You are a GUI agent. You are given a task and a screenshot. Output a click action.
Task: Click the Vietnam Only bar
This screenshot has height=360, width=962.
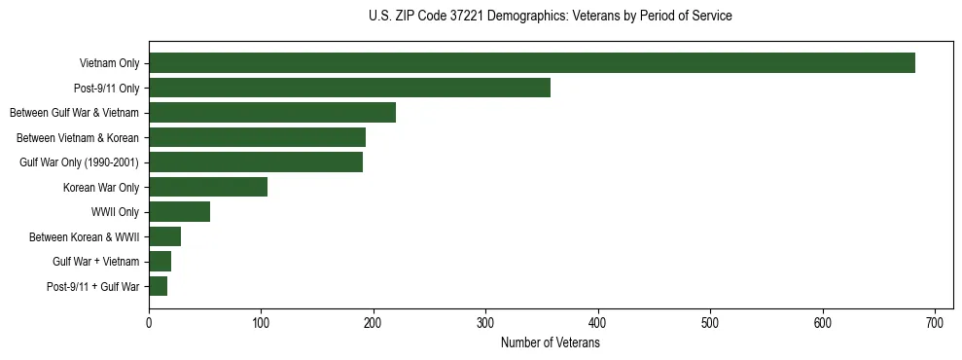(x=532, y=63)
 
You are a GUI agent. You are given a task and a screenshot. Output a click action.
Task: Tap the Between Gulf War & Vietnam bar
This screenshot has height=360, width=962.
(x=272, y=113)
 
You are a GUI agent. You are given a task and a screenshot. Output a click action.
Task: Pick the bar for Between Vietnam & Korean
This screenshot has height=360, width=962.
(x=257, y=137)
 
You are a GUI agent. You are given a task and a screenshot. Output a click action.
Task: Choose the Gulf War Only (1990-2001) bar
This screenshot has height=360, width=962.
(x=256, y=162)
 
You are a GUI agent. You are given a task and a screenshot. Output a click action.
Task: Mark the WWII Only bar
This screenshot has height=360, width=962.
(x=179, y=212)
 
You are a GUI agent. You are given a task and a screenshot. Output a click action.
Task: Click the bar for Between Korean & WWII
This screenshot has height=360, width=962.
(x=164, y=236)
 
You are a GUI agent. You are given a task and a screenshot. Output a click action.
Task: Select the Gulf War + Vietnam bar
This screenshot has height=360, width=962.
(x=160, y=262)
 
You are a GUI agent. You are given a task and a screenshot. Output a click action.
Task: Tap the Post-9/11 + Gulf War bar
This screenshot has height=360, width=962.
(x=158, y=286)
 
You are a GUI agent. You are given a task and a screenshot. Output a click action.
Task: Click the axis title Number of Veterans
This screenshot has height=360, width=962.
(x=550, y=343)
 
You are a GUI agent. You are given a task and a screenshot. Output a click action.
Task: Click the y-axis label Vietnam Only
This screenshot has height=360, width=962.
(x=109, y=64)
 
